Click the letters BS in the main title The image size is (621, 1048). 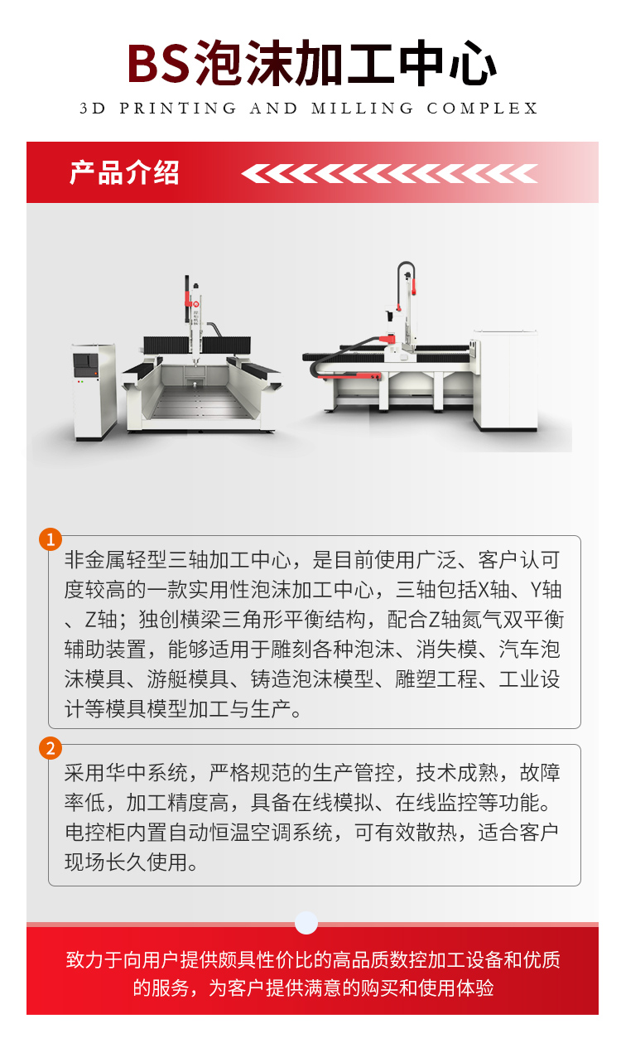tap(159, 63)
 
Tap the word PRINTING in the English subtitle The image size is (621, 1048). tap(178, 108)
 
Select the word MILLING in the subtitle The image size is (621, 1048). tap(363, 108)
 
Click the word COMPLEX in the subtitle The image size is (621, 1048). tap(482, 108)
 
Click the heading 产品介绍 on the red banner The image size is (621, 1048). tap(124, 172)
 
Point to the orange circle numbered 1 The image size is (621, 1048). tap(51, 539)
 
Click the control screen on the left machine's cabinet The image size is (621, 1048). tap(85, 363)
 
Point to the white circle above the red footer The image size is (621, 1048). tap(306, 923)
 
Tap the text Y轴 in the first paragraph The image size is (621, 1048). tap(546, 590)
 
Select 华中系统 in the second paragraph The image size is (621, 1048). tap(147, 772)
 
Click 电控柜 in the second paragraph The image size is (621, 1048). tap(95, 833)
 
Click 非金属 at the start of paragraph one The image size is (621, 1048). tap(95, 559)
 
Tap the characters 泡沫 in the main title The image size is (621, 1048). tap(243, 63)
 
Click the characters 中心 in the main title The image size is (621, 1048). tap(446, 63)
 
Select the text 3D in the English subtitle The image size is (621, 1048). tap(93, 108)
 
